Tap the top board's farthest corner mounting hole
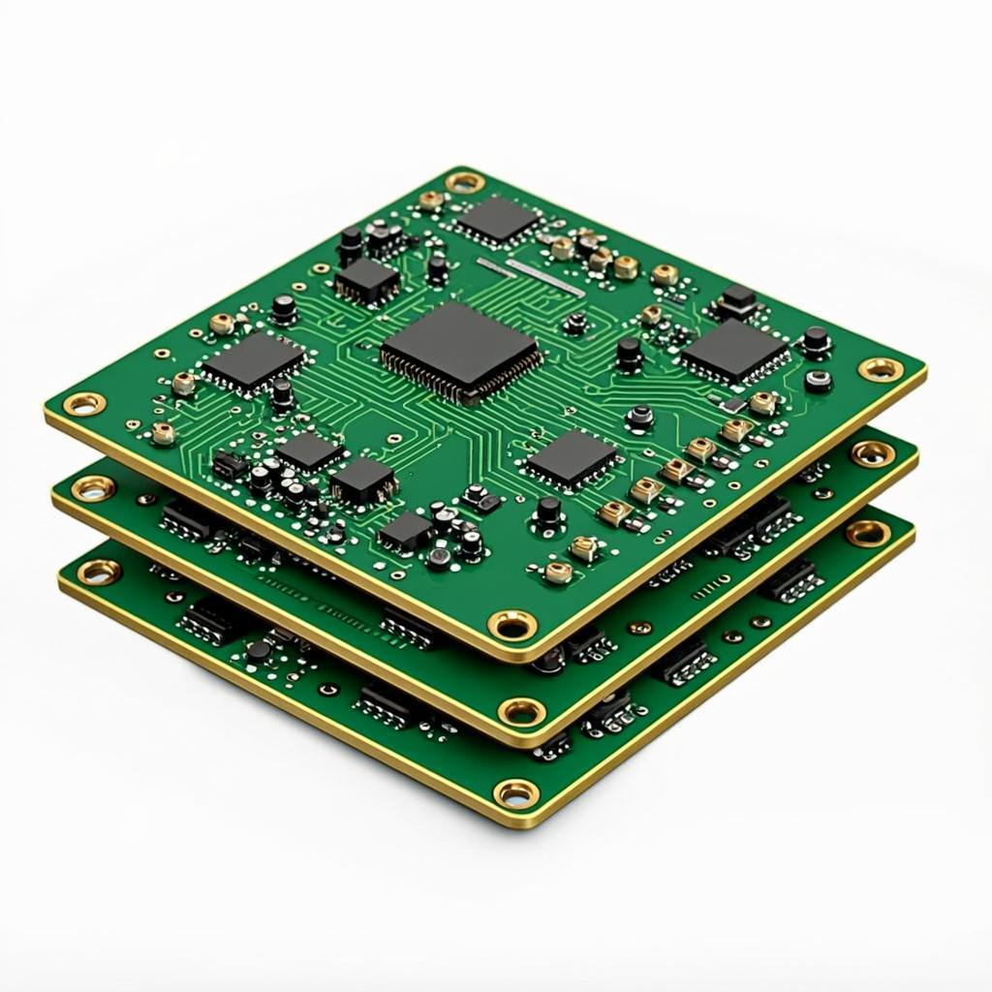tap(465, 181)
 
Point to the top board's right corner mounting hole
tap(880, 368)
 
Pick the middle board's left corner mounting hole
tap(93, 487)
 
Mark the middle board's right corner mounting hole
tap(872, 452)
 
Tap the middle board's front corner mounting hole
tap(521, 713)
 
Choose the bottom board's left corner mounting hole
tap(99, 572)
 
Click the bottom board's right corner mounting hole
tap(867, 532)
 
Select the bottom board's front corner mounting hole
tap(516, 794)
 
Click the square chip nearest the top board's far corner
tap(498, 218)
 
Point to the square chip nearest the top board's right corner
tap(734, 351)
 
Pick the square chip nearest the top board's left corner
tap(253, 360)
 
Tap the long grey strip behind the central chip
tap(531, 276)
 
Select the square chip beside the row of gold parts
tap(572, 456)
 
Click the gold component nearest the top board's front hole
tap(558, 572)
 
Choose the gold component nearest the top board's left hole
tap(163, 432)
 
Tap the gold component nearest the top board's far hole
tap(430, 201)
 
